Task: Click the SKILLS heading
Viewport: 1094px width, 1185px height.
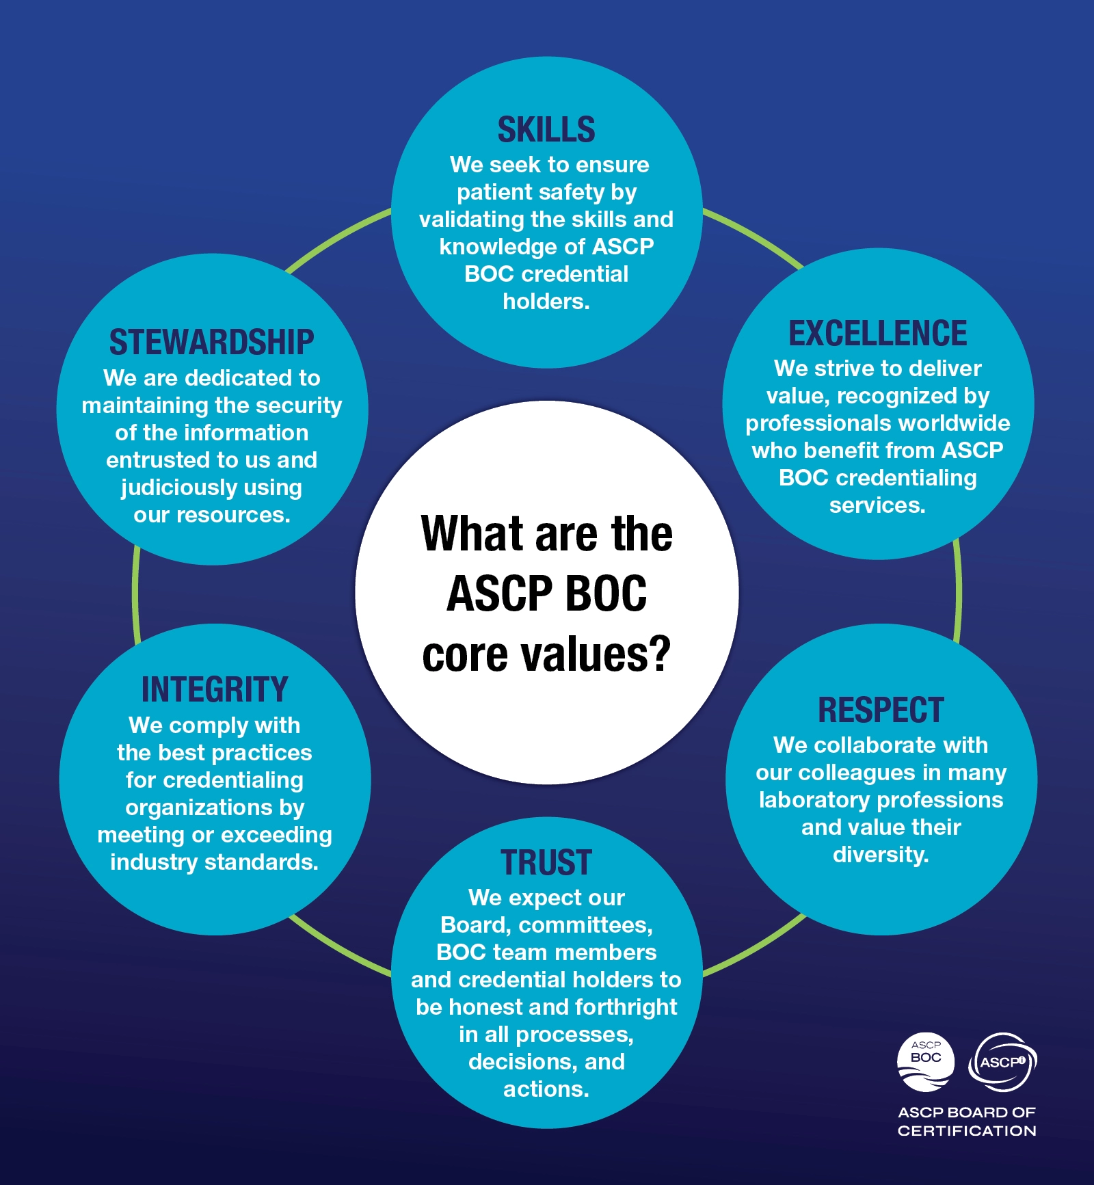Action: pos(546,130)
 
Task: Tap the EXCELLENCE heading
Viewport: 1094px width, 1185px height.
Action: pos(878,334)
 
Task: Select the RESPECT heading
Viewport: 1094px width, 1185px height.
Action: pos(881,710)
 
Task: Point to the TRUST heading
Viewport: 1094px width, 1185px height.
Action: pos(546,863)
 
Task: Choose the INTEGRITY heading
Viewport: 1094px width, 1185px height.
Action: pos(215,690)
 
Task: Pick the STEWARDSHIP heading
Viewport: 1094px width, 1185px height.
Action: pos(212,343)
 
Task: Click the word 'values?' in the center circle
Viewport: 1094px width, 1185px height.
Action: pos(596,654)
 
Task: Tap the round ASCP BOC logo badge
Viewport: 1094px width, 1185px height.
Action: pos(926,1062)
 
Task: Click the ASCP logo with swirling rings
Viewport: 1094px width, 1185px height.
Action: pos(1003,1062)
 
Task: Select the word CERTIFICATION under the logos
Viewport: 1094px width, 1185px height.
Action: pos(967,1131)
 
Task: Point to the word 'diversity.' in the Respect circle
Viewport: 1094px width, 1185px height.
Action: pos(881,855)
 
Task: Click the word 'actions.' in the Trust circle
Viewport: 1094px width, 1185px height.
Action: pos(546,1089)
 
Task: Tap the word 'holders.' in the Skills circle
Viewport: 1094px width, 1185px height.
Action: pos(546,302)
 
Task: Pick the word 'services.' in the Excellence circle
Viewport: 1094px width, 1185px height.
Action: pos(877,505)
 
